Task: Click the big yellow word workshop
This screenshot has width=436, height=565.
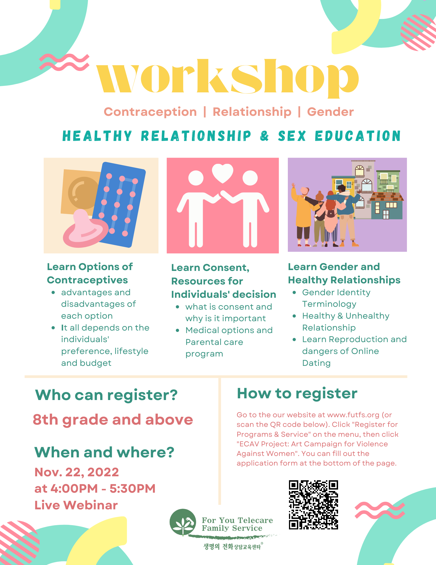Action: click(227, 79)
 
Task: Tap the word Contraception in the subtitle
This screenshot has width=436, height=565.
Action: click(150, 112)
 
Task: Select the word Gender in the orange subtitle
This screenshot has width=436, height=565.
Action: click(330, 112)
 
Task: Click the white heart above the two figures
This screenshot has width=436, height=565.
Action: click(223, 173)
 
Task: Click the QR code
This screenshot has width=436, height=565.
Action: click(314, 505)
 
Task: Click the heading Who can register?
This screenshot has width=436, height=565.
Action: click(106, 395)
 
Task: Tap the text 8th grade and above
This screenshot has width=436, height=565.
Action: click(113, 420)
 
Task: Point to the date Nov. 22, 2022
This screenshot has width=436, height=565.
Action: click(77, 472)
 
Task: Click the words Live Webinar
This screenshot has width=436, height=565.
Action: click(76, 505)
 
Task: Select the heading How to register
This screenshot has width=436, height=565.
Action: click(297, 393)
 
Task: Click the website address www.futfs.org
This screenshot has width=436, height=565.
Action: click(353, 415)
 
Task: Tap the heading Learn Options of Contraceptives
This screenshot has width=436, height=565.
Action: click(90, 273)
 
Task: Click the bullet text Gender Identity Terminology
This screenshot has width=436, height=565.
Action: click(336, 298)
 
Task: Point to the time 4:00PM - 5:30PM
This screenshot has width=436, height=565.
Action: click(103, 488)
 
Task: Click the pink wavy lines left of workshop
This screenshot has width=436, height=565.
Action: click(64, 62)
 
